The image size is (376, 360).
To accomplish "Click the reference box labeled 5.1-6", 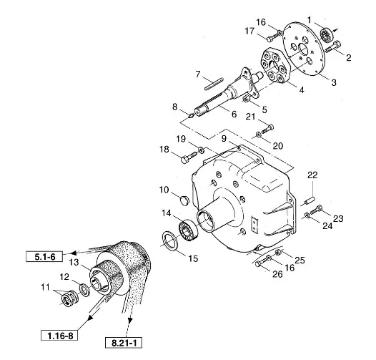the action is pyautogui.click(x=44, y=257).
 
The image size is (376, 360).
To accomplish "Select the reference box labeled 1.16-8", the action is pyautogui.click(x=59, y=336).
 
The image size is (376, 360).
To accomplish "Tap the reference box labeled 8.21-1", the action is pyautogui.click(x=124, y=343).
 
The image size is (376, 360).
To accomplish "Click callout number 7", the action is pyautogui.click(x=197, y=74).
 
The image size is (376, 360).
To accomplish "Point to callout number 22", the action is pyautogui.click(x=312, y=175).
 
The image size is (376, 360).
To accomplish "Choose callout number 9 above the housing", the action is pyautogui.click(x=224, y=139).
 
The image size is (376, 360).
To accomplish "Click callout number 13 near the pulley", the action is pyautogui.click(x=74, y=262).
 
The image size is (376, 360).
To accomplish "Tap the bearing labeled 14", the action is pyautogui.click(x=189, y=230).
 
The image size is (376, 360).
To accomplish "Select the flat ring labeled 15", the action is pyautogui.click(x=170, y=240).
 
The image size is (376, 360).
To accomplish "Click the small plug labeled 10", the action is pyautogui.click(x=184, y=200).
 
